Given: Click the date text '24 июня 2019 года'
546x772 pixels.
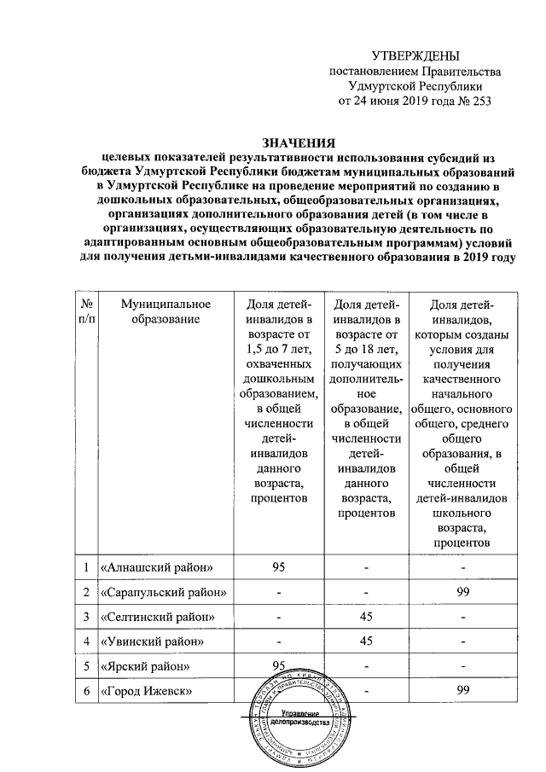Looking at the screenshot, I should (402, 102).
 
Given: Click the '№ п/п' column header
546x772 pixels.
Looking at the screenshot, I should (85, 311).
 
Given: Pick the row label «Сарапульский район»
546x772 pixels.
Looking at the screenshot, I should (163, 591).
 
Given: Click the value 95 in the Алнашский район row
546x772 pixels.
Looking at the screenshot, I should (278, 567).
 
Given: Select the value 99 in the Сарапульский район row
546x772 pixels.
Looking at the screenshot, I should (463, 591).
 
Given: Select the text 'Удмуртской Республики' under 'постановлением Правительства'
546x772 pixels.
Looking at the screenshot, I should (415, 86).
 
